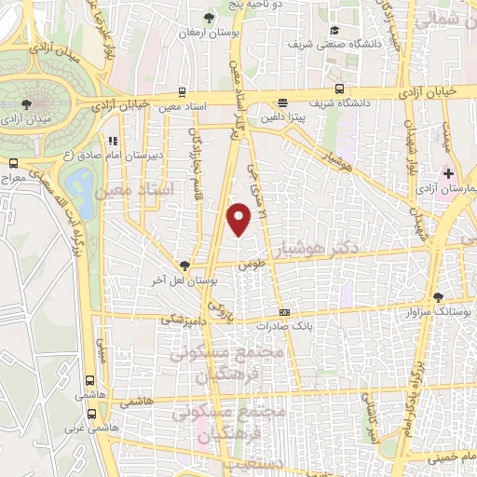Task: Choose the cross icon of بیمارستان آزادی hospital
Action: coord(448,173)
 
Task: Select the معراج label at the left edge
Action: coord(12,176)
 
